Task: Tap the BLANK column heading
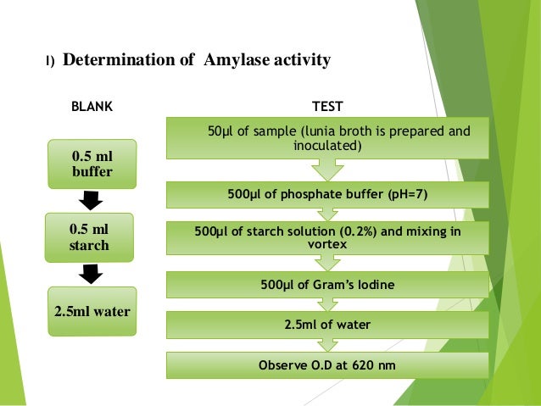pos(91,108)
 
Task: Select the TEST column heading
pos(327,108)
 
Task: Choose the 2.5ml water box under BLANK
pos(92,311)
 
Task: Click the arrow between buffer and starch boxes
pos(89,202)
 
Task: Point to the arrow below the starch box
pos(89,275)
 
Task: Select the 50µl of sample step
pos(327,139)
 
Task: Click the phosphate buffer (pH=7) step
pos(327,195)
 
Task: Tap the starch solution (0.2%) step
pos(327,238)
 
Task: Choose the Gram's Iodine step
pos(327,282)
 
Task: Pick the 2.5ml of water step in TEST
pos(327,324)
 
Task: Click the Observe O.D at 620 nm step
pos(327,365)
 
